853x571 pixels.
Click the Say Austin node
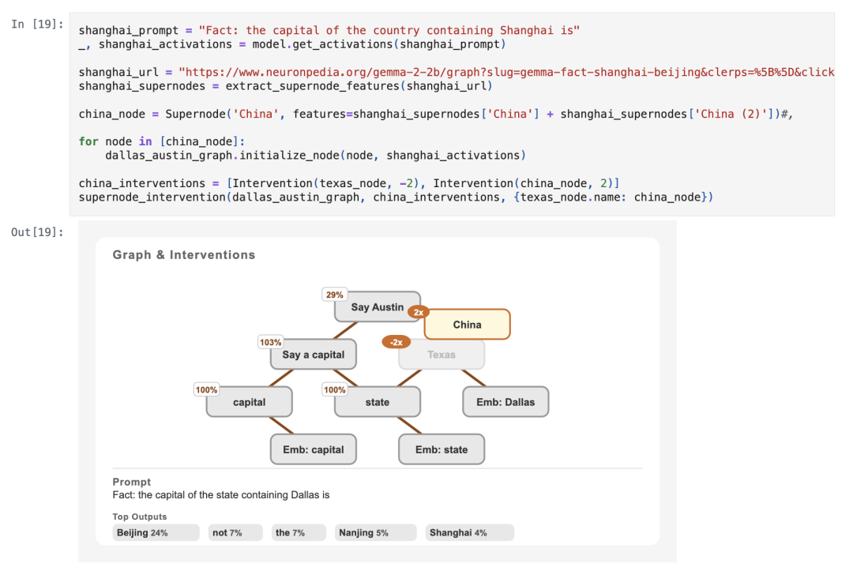point(378,306)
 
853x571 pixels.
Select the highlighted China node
point(468,325)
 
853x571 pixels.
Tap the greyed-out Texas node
point(442,355)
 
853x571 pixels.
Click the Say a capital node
point(314,355)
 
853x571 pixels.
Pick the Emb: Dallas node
point(505,402)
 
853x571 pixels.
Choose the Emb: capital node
point(314,449)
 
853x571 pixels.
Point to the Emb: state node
point(442,449)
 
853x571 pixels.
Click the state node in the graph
point(378,402)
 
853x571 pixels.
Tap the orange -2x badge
point(396,342)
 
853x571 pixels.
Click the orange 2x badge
point(419,312)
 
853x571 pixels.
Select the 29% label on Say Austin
point(335,295)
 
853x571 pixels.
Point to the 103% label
point(270,342)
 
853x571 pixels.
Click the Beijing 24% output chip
point(156,532)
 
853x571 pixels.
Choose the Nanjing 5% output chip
point(376,532)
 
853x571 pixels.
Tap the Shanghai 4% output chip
point(469,532)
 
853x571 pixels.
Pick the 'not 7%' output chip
point(235,532)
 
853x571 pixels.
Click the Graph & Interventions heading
point(184,254)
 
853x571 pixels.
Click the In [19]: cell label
point(37,24)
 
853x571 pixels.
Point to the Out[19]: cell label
point(37,232)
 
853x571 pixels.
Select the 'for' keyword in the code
point(88,141)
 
